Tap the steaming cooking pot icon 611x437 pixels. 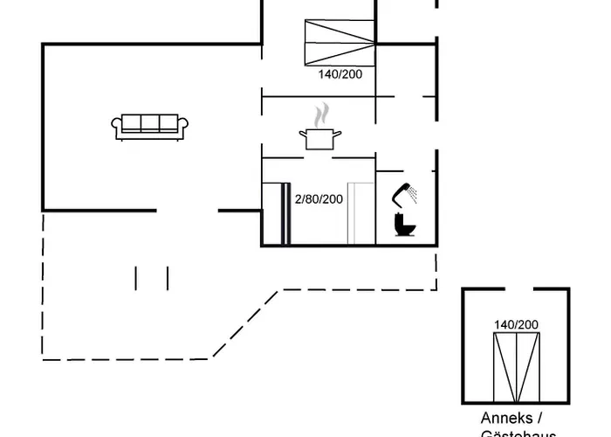click(x=320, y=137)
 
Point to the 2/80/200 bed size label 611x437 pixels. click(x=319, y=199)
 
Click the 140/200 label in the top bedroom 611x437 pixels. click(x=340, y=74)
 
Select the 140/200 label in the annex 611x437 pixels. click(x=516, y=324)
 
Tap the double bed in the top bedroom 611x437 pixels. click(x=340, y=41)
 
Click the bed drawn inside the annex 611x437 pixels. click(x=517, y=366)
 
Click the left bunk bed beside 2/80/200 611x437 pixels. click(x=277, y=213)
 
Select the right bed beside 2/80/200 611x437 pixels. click(x=360, y=213)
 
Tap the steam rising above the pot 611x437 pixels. click(x=322, y=114)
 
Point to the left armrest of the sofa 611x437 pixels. click(x=116, y=128)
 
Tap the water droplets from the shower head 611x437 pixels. click(x=415, y=192)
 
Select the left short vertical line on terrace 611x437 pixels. click(x=136, y=278)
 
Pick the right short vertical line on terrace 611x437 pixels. click(x=167, y=278)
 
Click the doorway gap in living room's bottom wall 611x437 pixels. click(x=187, y=210)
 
